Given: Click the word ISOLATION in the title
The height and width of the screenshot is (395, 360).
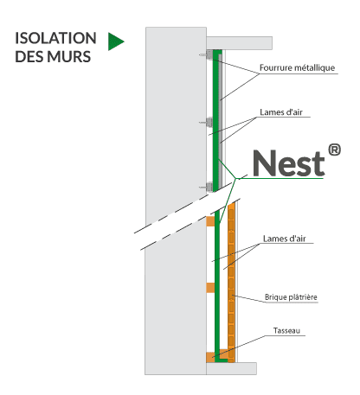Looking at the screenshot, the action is [55, 38].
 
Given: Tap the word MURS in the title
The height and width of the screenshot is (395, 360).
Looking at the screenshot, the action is [69, 56].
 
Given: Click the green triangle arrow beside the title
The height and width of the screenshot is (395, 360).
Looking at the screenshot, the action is [116, 41].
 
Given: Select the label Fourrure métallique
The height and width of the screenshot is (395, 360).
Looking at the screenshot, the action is [298, 68].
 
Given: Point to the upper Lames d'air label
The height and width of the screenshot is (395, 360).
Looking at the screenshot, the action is [281, 112].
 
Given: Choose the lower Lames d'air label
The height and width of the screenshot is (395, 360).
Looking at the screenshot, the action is [285, 239].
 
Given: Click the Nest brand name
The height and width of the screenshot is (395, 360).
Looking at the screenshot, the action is [289, 163].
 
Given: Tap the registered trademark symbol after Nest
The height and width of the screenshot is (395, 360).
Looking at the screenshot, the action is [334, 150].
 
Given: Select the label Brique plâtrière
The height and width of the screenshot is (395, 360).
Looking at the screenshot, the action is [291, 297].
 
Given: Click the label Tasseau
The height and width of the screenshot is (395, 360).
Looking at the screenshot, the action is [286, 330].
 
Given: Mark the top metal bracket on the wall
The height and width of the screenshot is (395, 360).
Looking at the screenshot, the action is [209, 54].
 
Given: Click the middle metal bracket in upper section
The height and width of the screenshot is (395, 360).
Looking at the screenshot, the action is [209, 122].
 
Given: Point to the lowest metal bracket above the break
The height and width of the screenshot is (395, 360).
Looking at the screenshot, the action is [209, 187].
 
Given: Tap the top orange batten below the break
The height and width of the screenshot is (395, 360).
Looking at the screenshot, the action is [210, 221].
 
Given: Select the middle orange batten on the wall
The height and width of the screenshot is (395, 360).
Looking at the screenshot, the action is [210, 288].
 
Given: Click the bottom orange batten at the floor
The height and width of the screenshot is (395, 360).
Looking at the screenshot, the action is [217, 356].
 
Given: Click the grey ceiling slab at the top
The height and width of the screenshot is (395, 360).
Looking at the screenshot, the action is [239, 43].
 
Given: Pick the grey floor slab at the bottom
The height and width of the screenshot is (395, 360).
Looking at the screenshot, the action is [231, 368].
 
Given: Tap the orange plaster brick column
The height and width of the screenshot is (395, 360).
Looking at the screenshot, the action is [231, 282].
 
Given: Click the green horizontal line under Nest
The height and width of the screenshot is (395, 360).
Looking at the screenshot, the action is [280, 178].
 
